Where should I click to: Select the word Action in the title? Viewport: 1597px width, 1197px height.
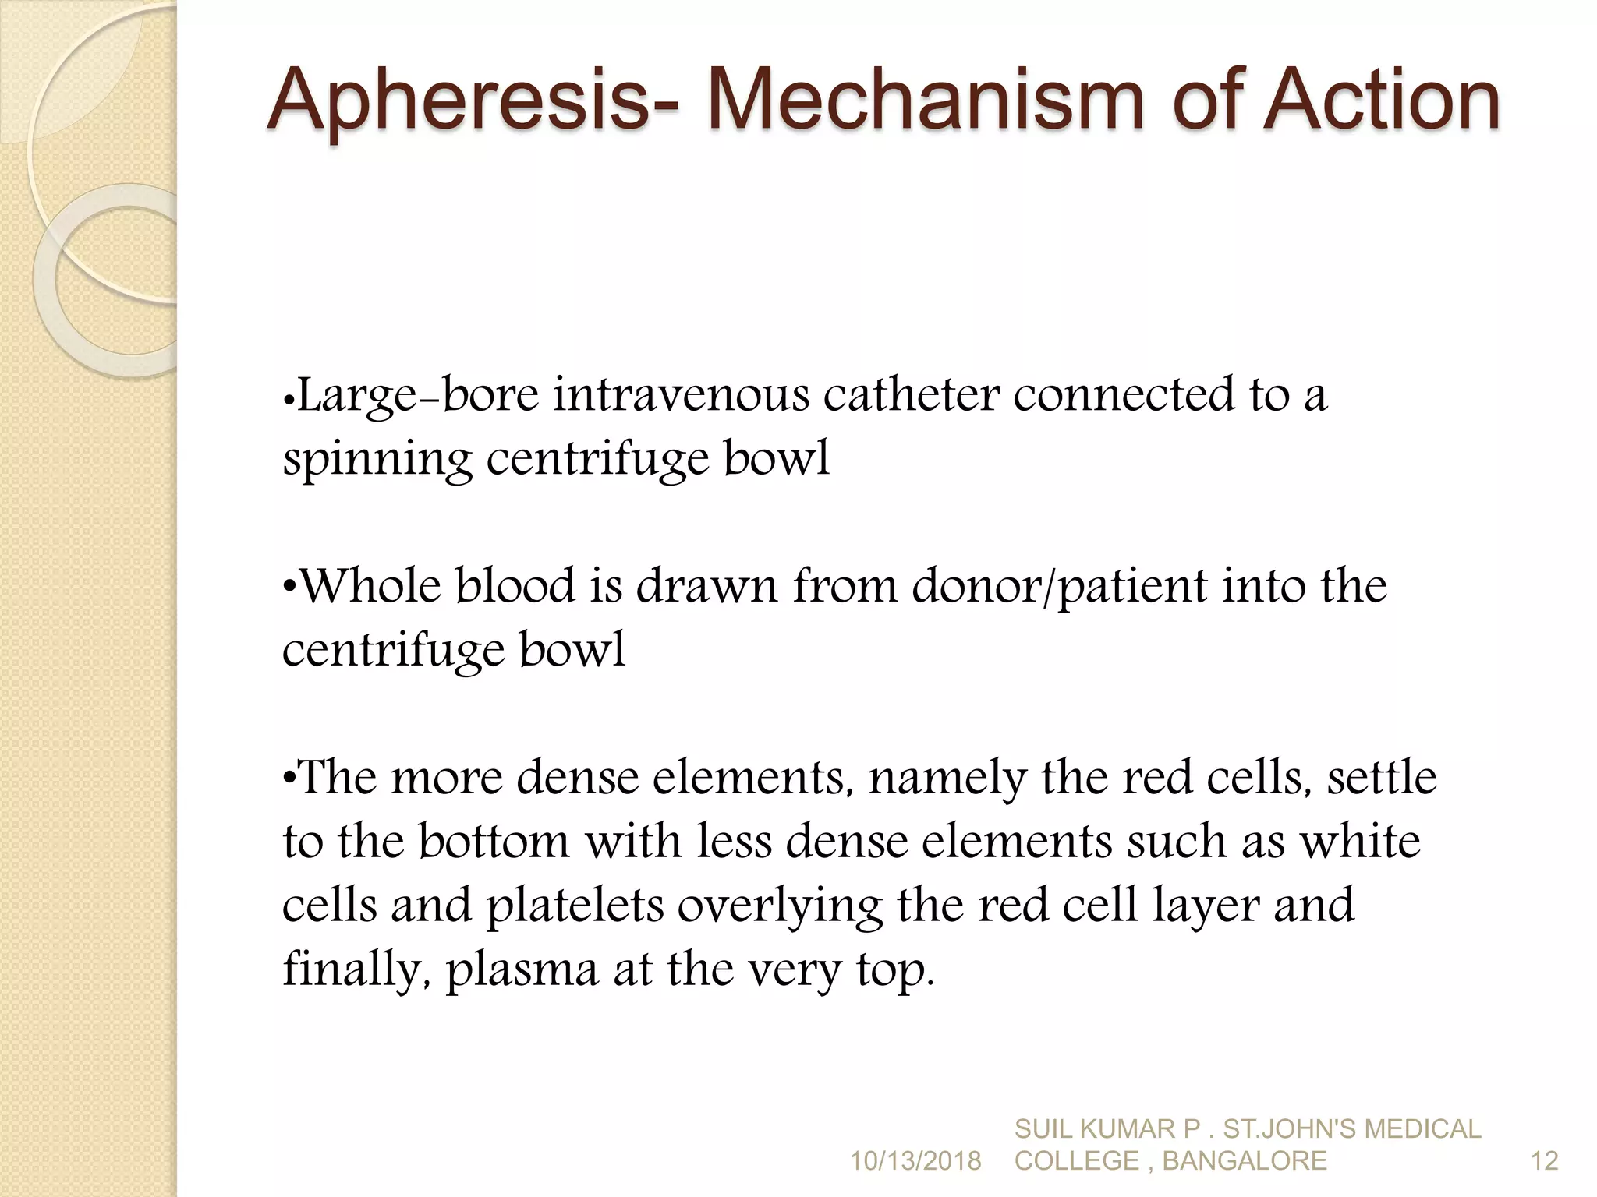tap(1380, 101)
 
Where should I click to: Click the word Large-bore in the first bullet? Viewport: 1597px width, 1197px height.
tap(419, 396)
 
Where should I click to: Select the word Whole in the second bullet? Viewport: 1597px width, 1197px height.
tap(370, 586)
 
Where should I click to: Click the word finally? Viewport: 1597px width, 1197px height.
tap(355, 970)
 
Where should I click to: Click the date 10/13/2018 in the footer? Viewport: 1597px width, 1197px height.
tap(915, 1161)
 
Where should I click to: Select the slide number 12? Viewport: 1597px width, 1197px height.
tap(1544, 1161)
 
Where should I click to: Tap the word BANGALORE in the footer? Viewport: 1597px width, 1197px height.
tap(1245, 1161)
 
